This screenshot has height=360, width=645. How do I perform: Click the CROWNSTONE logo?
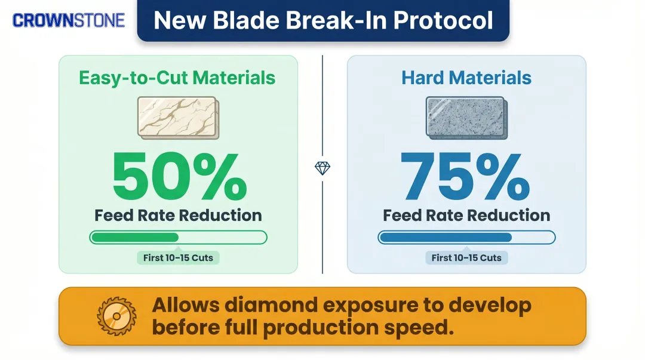(69, 20)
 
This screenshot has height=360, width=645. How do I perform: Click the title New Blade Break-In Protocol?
(323, 20)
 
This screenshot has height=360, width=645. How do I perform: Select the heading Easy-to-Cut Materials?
(177, 78)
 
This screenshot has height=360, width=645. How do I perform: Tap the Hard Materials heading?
(466, 78)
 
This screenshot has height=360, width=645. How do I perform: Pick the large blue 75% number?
(465, 177)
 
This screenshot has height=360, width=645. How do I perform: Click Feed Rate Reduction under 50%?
(178, 216)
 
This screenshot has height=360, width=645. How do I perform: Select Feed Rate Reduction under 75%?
(466, 216)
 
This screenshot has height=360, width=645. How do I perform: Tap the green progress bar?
(178, 237)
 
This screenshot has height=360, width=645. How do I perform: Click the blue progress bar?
(466, 237)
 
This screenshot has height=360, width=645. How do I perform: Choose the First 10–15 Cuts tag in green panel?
(178, 258)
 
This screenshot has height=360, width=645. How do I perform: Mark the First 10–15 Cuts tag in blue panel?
(466, 258)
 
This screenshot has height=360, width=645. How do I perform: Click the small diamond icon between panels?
(322, 168)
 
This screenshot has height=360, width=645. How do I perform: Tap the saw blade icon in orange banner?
(118, 316)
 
